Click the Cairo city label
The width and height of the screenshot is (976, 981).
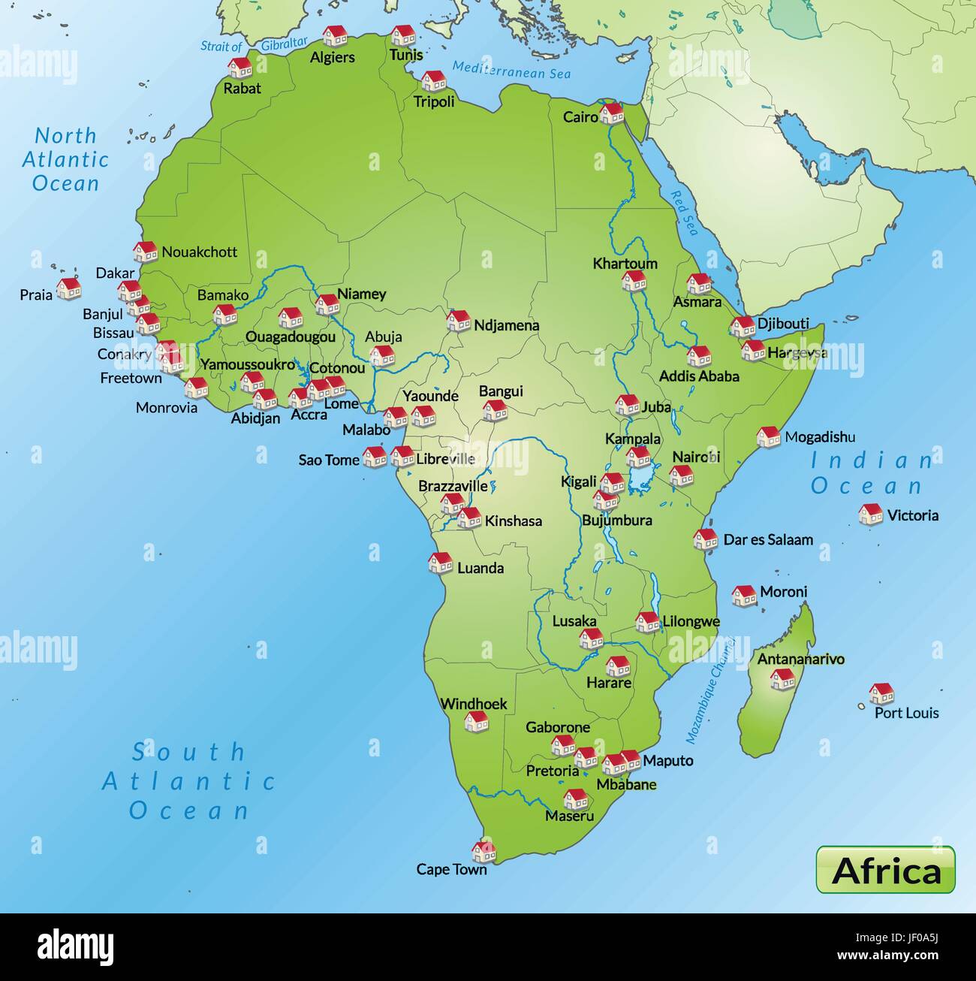(580, 117)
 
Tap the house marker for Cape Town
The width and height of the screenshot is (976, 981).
(483, 851)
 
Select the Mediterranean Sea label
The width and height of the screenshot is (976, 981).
(511, 71)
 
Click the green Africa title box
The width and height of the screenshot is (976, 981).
(885, 870)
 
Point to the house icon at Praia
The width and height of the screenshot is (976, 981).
(69, 288)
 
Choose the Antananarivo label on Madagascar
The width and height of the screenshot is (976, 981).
(800, 660)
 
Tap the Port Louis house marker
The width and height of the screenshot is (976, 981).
(881, 693)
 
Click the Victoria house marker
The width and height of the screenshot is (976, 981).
(871, 515)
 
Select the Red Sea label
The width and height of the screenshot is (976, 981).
(684, 213)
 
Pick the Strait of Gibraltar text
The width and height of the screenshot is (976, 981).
(254, 45)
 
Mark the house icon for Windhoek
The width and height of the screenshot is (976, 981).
(476, 721)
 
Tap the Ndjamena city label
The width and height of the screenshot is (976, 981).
(506, 326)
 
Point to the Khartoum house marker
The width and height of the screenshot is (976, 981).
(634, 281)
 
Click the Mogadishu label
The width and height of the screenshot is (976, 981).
(820, 437)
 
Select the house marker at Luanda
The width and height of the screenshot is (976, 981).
(440, 563)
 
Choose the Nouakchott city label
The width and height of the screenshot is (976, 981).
(199, 252)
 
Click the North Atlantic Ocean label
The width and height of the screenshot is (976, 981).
(65, 159)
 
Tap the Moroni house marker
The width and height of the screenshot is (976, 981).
(743, 596)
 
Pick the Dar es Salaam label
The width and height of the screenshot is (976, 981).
(767, 539)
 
